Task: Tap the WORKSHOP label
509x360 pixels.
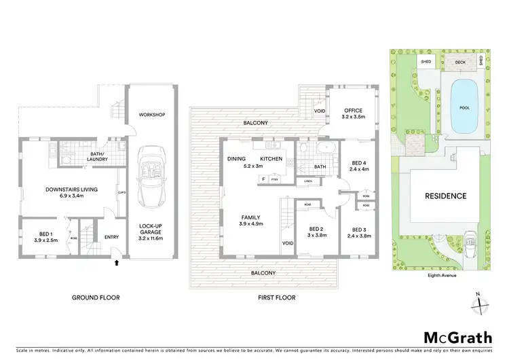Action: tap(153, 114)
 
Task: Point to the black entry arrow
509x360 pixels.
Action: tap(117, 261)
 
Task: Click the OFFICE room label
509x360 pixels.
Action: tap(353, 111)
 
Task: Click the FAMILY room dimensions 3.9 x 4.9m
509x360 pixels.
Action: tap(251, 223)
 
